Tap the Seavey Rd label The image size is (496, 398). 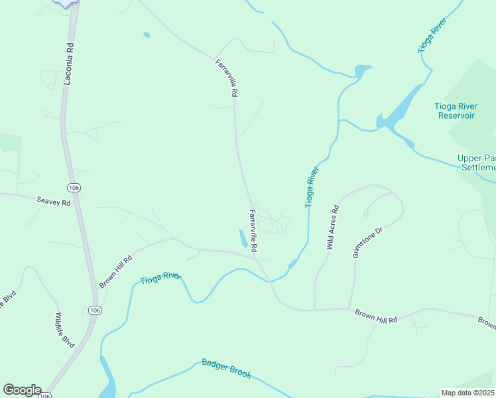(x=53, y=202)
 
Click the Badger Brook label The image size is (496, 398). (x=226, y=369)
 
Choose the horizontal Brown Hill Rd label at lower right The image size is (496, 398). (x=375, y=315)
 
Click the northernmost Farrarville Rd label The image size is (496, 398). (x=226, y=78)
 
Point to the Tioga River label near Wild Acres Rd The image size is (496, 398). (x=312, y=188)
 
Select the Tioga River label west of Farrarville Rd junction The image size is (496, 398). (x=160, y=279)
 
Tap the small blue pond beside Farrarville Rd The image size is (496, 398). (x=243, y=238)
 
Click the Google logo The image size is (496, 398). (x=22, y=390)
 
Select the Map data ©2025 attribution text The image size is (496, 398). (x=468, y=393)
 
